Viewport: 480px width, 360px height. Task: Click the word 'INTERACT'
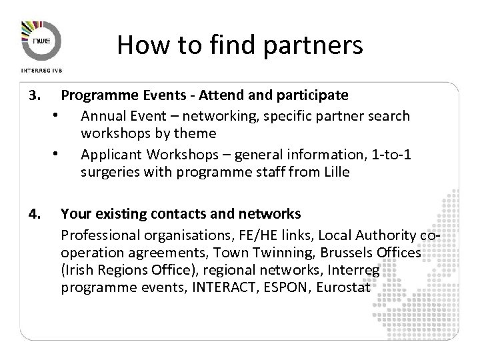219,288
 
